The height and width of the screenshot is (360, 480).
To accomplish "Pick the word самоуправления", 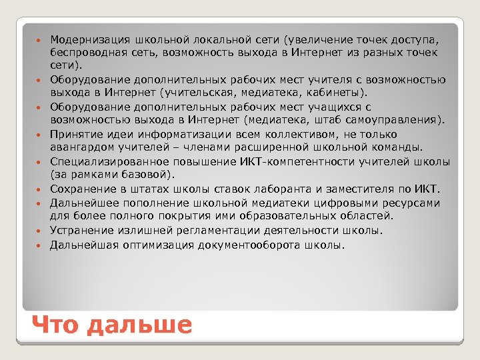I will click(399, 121).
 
